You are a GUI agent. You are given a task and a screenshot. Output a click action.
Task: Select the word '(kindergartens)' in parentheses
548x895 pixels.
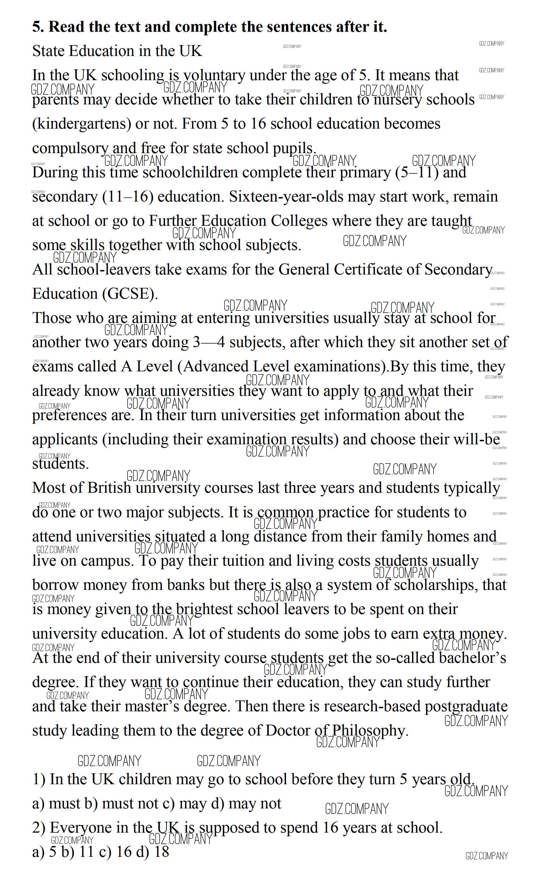tap(81, 124)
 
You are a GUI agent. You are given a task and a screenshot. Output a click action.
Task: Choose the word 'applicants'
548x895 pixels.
tap(65, 440)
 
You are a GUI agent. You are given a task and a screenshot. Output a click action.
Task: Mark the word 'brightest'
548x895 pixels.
tap(204, 609)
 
